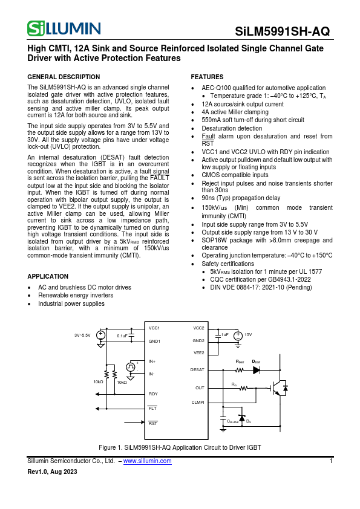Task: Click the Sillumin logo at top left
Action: tap(64, 28)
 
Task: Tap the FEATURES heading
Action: tap(207, 77)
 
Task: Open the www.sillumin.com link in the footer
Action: tap(147, 461)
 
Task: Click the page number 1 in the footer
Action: tap(331, 461)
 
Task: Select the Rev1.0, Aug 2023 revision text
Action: tap(53, 472)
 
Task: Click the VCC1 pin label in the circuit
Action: tap(154, 328)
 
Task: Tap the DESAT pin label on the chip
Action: tap(197, 369)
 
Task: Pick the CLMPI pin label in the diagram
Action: tap(198, 401)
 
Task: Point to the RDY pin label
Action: tap(153, 394)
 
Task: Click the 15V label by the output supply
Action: tap(247, 334)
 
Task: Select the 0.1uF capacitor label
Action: tap(122, 335)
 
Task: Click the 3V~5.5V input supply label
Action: tap(82, 334)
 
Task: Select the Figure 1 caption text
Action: tap(180, 447)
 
